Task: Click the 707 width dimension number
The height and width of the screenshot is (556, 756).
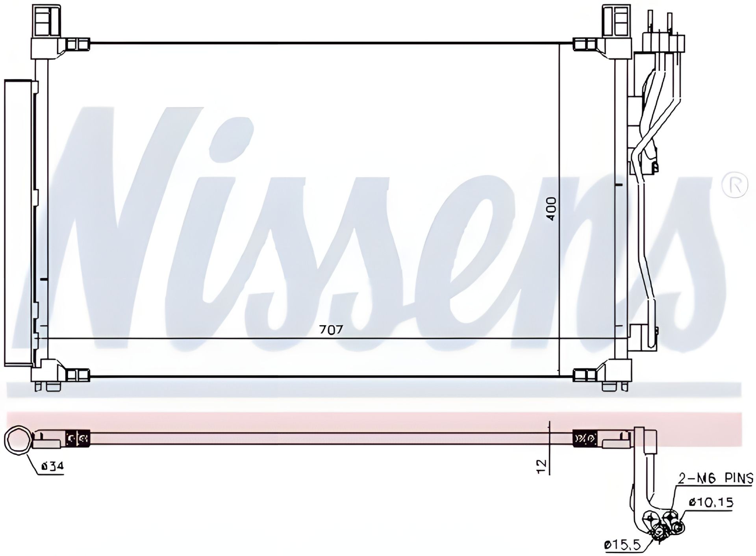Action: pos(331,330)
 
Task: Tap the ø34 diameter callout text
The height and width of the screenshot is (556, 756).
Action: pos(52,467)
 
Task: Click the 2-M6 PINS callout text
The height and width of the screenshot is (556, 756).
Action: pos(715,478)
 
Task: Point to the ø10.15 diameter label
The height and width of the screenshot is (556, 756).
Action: pos(711,502)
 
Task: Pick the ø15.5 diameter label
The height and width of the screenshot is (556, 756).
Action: pos(623,545)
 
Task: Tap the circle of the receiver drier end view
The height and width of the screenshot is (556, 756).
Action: pos(18,440)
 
